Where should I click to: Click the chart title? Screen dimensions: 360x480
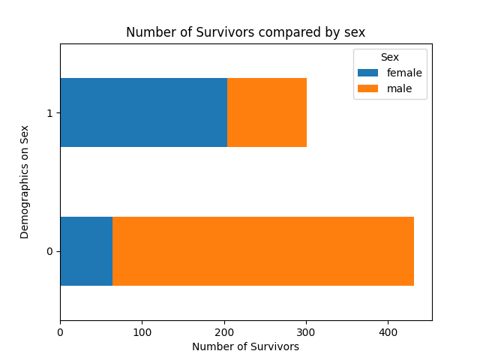click(x=245, y=32)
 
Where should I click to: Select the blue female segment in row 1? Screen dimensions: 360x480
click(x=143, y=112)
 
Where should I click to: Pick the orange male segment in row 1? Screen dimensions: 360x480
click(x=267, y=112)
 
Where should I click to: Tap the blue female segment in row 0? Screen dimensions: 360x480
click(x=86, y=251)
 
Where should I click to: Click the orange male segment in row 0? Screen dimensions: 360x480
click(x=263, y=251)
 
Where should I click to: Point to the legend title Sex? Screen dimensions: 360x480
click(x=389, y=58)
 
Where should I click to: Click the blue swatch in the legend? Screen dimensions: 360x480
click(x=368, y=73)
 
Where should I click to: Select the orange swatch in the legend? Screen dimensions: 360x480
click(x=368, y=89)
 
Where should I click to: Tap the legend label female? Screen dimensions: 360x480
click(x=404, y=73)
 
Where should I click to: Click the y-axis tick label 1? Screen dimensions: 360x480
click(x=49, y=112)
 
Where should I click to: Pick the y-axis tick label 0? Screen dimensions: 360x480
click(x=49, y=251)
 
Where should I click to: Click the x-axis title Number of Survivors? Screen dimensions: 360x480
click(x=245, y=346)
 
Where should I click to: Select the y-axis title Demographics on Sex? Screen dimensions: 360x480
click(x=25, y=182)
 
